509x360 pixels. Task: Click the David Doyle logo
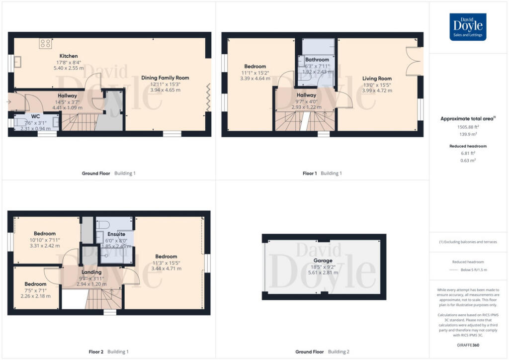click(x=468, y=27)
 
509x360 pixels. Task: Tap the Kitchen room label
click(x=69, y=56)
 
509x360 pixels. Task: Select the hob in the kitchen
click(x=46, y=43)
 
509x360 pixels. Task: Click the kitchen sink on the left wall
click(x=18, y=62)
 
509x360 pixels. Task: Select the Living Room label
click(x=376, y=79)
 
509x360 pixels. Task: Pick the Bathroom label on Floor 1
click(x=317, y=60)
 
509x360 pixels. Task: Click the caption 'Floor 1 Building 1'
click(x=322, y=174)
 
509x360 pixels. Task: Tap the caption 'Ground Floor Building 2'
click(x=322, y=352)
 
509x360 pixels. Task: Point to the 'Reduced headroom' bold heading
click(x=467, y=146)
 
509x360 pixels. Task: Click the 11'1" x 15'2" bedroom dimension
click(x=255, y=73)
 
